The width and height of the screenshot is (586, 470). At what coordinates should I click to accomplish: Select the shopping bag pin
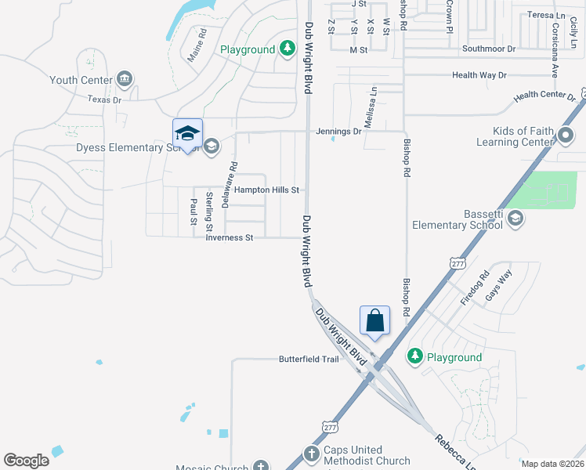[x=374, y=320]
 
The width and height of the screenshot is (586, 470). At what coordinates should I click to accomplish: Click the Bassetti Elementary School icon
[x=515, y=218]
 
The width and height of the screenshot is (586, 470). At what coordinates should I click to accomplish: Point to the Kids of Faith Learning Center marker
[x=566, y=136]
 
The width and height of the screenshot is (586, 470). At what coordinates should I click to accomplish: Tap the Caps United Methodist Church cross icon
[x=310, y=454]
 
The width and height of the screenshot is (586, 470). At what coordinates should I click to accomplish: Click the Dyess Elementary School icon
[x=211, y=146]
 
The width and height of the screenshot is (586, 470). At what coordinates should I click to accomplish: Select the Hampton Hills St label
[x=267, y=190]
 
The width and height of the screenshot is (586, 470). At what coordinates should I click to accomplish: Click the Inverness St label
[x=230, y=237]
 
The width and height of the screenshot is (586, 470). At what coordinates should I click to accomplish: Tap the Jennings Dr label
[x=339, y=132]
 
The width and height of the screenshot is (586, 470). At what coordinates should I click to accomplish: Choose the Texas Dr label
[x=104, y=99]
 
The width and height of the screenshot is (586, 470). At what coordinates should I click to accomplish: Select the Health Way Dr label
[x=479, y=75]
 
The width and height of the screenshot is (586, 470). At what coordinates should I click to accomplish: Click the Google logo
[x=26, y=461]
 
